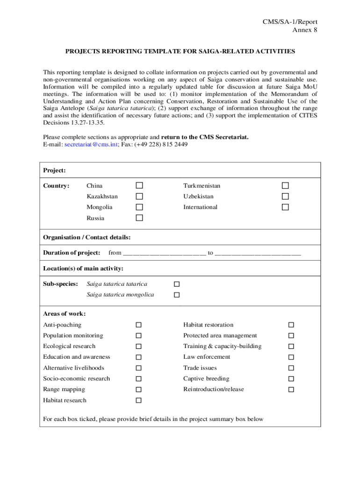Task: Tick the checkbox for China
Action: [139, 186]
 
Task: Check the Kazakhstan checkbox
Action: [139, 196]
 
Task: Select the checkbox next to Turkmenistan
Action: [285, 186]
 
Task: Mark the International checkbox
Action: [285, 207]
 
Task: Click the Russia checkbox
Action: [139, 218]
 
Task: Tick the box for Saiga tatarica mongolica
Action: [177, 295]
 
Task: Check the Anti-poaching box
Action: [139, 325]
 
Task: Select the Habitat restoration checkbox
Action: [291, 325]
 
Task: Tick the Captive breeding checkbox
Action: [291, 379]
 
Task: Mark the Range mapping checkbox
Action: [139, 390]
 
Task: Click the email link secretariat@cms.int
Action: [91, 145]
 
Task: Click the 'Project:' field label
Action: [54, 170]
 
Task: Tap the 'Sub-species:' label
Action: [60, 284]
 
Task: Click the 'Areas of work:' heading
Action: [64, 313]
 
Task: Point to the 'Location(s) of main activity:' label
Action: [83, 269]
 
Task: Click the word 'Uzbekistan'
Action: [198, 196]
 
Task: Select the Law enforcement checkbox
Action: [291, 357]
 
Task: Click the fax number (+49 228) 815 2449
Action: [161, 145]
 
